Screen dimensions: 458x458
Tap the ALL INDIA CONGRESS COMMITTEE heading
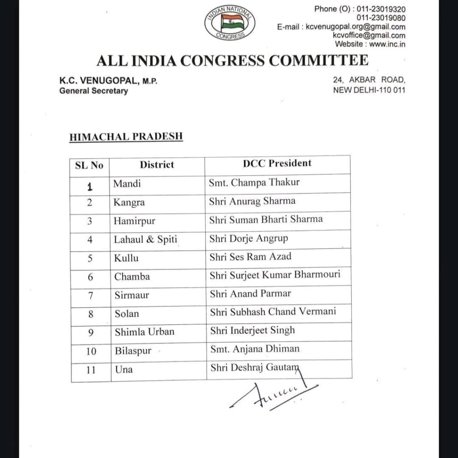coord(233,60)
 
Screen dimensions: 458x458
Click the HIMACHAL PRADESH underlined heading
coord(126,137)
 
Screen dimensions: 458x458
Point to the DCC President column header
coord(277,163)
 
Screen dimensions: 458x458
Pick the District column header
coord(157,165)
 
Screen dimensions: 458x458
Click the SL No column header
coord(89,165)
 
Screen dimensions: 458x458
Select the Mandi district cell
coord(127,184)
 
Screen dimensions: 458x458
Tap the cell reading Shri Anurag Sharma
coord(252,201)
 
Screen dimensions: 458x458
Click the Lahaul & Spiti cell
coord(146,239)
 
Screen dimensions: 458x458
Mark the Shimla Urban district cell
coord(144,331)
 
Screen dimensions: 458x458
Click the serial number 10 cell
coord(91,351)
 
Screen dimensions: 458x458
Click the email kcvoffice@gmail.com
coord(369,36)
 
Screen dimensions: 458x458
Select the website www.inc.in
coord(387,44)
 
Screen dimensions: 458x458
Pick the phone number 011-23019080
coord(381,18)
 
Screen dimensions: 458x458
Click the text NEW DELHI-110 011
coord(369,90)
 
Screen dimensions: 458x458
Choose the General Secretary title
coord(93,91)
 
